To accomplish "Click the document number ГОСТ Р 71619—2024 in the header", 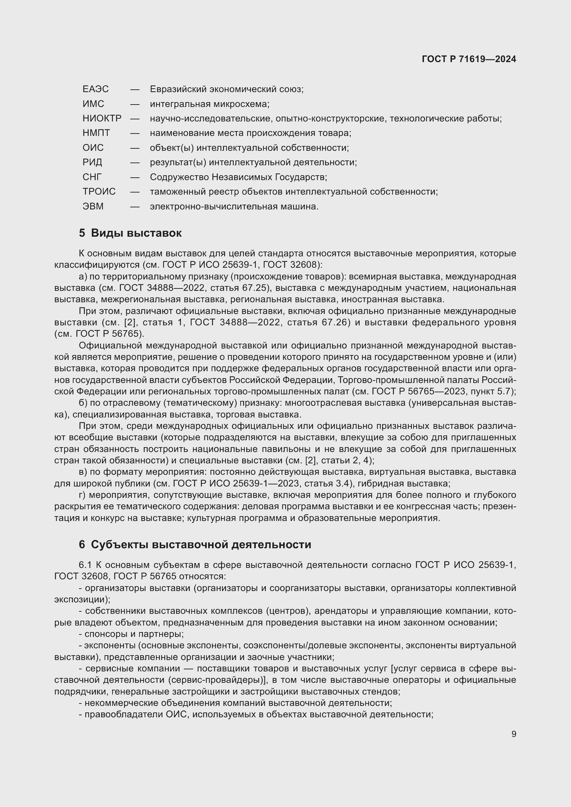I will point(469,59).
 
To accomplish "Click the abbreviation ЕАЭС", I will point(96,89).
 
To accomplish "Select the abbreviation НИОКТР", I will point(102,118).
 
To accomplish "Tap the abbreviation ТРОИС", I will point(99,191).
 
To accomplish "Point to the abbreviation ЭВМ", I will point(93,206).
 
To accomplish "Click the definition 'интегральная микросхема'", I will point(210,104).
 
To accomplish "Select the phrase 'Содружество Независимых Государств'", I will point(238,177).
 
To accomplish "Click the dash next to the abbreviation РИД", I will point(135,163).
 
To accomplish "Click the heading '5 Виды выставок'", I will point(130,233).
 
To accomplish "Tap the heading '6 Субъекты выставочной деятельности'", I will point(195,544).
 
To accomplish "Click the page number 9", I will point(514,734).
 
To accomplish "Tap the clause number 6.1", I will point(85,565).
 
